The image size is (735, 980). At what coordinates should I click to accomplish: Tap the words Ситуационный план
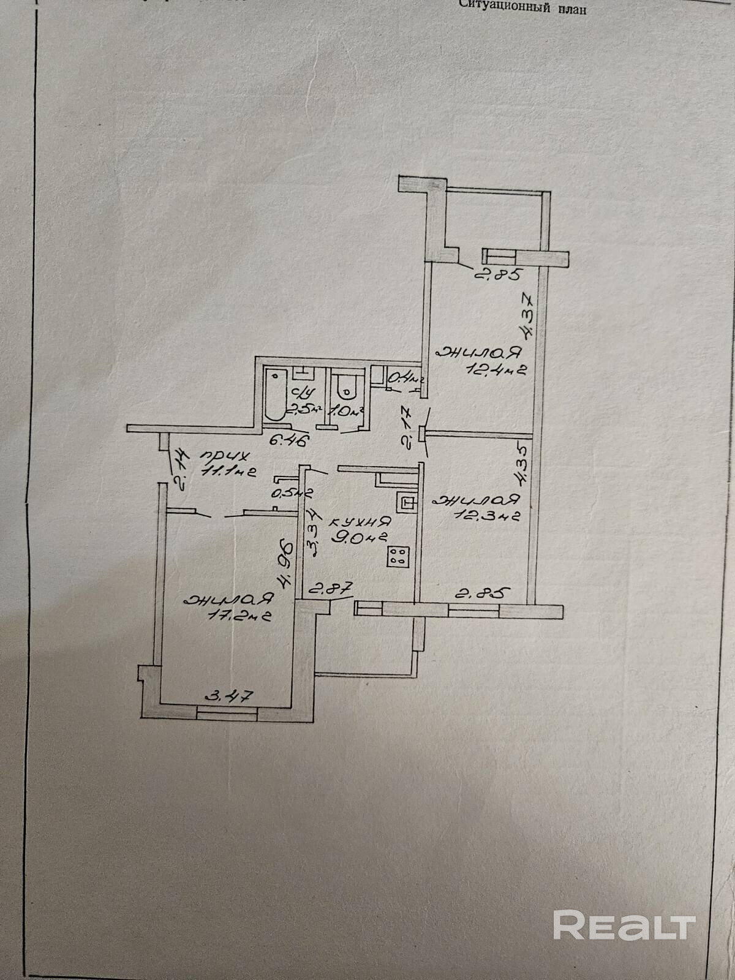526,10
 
